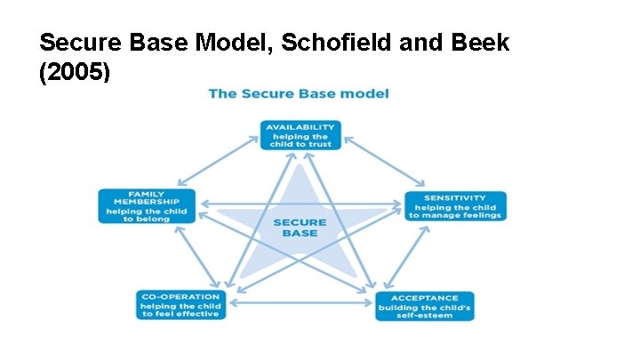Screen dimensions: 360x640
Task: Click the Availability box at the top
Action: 300,134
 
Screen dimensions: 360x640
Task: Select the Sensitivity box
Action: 455,206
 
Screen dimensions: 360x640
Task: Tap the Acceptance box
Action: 424,306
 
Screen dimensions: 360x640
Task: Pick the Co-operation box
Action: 180,306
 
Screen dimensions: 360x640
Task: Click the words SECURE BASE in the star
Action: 300,227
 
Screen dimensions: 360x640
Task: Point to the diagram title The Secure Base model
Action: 299,93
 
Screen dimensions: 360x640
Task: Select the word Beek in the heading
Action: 480,42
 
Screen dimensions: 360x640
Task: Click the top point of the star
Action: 300,168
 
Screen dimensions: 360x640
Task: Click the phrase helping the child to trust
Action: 300,140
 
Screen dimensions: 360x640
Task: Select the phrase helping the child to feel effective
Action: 180,310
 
